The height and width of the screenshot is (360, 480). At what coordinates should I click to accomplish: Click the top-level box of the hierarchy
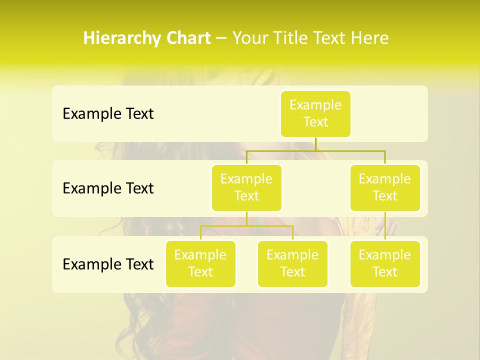pos(315,113)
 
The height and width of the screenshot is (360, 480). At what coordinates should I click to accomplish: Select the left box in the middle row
pos(246,187)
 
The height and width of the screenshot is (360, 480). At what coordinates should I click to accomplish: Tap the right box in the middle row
pos(385,187)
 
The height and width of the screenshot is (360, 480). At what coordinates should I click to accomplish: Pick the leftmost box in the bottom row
pos(200,263)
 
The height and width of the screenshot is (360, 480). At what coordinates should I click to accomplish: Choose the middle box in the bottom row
pos(292,263)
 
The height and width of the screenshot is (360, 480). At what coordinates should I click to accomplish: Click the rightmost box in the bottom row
pos(385,263)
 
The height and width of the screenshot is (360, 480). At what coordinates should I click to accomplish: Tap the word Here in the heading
pos(370,38)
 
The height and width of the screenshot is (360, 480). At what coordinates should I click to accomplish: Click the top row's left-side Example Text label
pos(108,114)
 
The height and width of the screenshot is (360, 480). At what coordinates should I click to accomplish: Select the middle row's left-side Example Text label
pos(108,188)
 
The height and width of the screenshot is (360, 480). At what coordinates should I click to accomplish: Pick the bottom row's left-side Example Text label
pos(108,264)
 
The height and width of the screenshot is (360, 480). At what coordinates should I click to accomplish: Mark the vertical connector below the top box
pos(315,144)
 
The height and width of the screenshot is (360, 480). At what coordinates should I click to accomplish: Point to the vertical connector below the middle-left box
pos(246,218)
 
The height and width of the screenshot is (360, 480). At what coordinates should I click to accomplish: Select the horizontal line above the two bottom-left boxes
pos(225,226)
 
